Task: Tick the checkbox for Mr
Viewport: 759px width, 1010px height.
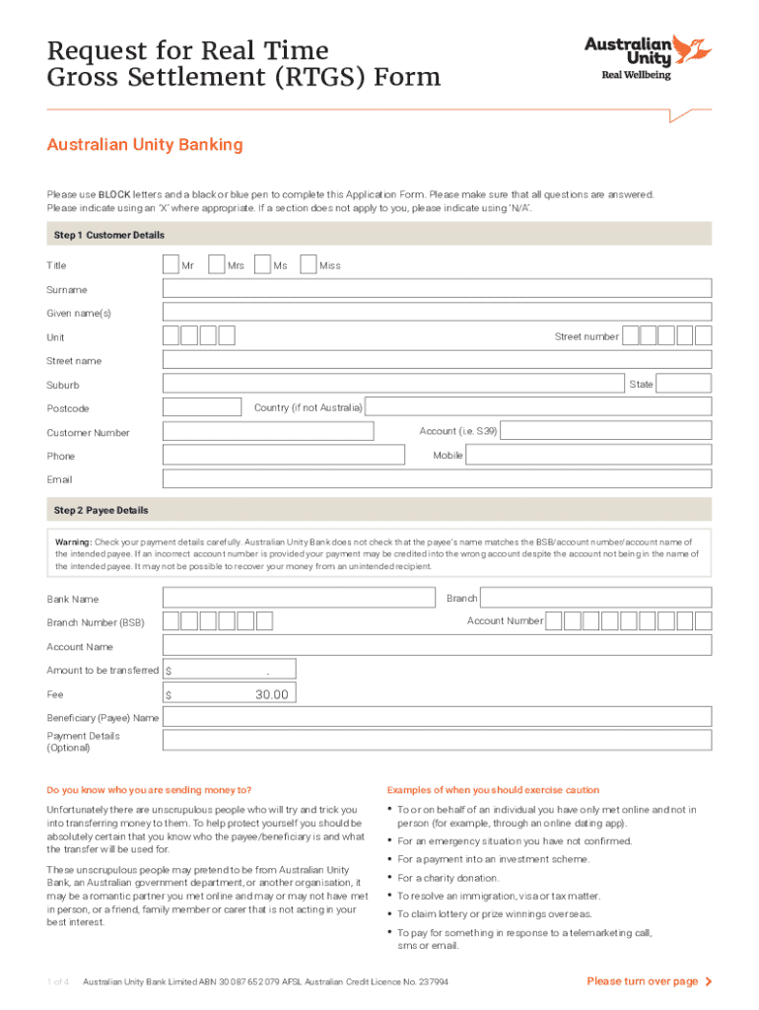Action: point(171,264)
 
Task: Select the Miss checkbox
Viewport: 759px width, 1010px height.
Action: point(309,264)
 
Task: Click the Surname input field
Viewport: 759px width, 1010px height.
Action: point(437,288)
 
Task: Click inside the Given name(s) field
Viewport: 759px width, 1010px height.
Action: point(437,313)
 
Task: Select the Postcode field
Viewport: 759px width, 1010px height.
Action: point(202,407)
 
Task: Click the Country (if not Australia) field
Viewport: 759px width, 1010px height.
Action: point(539,407)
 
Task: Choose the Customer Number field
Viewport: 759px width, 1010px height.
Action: point(268,431)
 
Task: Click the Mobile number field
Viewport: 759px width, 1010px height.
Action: point(588,455)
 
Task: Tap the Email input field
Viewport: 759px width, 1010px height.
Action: point(437,478)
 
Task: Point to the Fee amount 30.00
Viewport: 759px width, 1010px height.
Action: point(272,694)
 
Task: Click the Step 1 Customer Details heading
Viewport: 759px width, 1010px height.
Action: point(106,235)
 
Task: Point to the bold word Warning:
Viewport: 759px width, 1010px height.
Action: point(74,541)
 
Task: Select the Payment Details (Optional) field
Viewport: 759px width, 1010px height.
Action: point(437,742)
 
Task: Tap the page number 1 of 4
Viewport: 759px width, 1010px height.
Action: point(57,981)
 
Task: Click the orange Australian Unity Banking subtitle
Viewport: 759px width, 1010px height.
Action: point(145,145)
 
